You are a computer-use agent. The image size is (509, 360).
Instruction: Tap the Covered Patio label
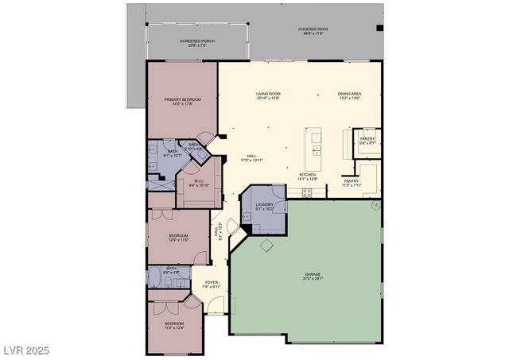tap(313, 29)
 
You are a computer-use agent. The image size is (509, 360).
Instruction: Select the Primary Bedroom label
tap(182, 99)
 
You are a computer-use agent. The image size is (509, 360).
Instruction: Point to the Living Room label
tap(268, 94)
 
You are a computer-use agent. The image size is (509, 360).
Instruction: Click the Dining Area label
tap(350, 94)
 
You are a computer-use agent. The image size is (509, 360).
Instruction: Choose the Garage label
tap(312, 275)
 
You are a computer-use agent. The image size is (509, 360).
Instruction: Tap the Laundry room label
tap(264, 206)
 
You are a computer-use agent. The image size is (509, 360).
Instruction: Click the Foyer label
tap(212, 282)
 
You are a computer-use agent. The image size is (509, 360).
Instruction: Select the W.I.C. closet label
tap(200, 181)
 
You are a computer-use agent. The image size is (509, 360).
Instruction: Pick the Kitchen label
tap(308, 175)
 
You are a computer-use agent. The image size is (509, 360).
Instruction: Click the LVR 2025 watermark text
tap(26, 350)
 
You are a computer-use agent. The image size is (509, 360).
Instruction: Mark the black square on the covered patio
tap(379, 29)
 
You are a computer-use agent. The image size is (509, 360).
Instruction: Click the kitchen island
tap(316, 147)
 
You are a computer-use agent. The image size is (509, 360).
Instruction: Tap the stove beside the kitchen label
tap(308, 192)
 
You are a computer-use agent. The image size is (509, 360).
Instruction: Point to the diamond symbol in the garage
tap(267, 246)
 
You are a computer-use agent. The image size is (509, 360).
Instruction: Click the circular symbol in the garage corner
tap(376, 205)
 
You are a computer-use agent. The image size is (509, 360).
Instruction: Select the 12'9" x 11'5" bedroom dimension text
tap(178, 239)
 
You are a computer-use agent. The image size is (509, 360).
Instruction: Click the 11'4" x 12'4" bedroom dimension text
tap(174, 327)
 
